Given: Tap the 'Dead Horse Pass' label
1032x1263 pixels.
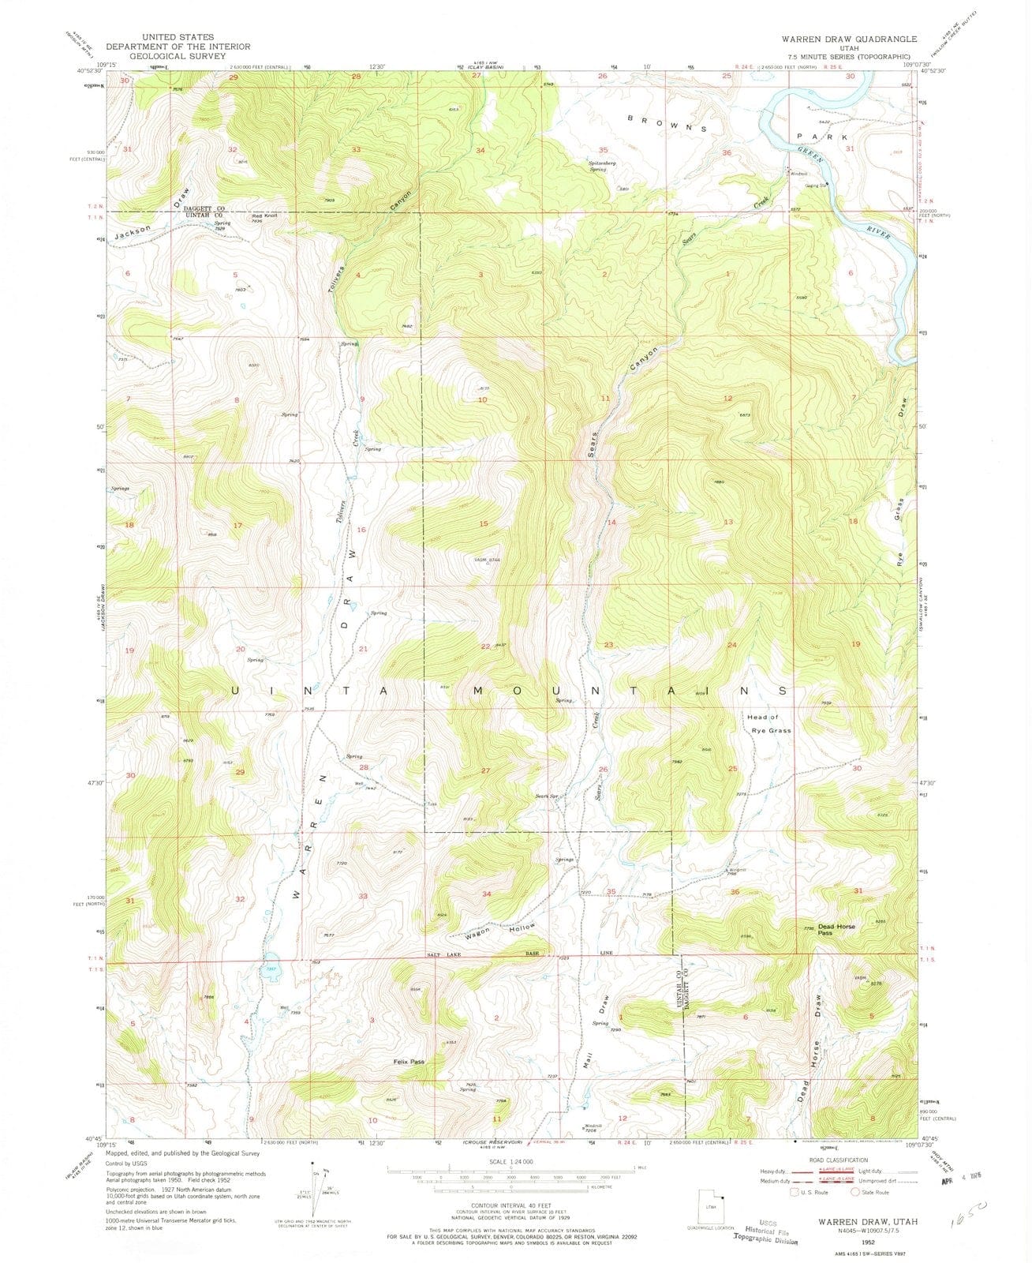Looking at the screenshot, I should coord(836,930).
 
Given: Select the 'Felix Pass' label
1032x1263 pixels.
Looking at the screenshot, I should coord(409,1062).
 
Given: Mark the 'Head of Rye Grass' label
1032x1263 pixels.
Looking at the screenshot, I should coord(769,723).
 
